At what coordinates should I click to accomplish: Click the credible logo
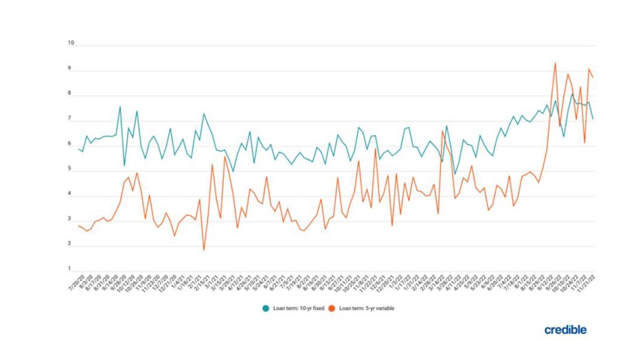(x=565, y=330)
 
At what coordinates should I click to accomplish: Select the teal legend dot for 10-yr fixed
(x=265, y=308)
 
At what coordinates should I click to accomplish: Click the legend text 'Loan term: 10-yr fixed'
(x=295, y=308)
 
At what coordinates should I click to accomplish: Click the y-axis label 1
(x=70, y=269)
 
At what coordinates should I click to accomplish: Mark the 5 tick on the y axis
(x=70, y=169)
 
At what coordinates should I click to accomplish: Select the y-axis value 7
(x=70, y=119)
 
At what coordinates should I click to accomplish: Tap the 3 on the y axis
(x=70, y=219)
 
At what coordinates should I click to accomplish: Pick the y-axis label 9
(x=70, y=69)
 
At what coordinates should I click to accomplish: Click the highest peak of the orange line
(x=555, y=63)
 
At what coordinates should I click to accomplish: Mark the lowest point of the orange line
(x=204, y=249)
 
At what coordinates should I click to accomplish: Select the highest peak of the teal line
(x=571, y=94)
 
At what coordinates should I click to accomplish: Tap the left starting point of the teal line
(x=78, y=148)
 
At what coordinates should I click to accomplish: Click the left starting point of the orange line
(x=78, y=225)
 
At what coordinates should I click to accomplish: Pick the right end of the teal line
(x=593, y=119)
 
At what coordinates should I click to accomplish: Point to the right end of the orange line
(x=593, y=77)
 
